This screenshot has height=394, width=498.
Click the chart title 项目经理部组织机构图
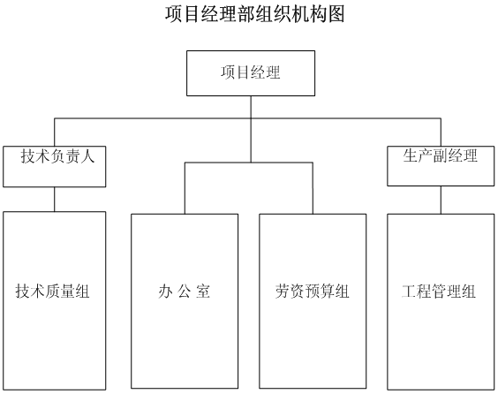click(254, 14)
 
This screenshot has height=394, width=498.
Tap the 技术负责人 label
click(57, 156)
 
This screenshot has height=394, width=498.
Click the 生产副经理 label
click(441, 155)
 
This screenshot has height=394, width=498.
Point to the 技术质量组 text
click(52, 291)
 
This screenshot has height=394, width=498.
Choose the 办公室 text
click(185, 291)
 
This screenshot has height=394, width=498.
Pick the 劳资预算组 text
click(313, 291)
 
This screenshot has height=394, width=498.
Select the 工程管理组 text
click(439, 291)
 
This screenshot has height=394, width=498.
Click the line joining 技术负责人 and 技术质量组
click(55, 200)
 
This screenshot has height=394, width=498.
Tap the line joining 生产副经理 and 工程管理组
click(441, 200)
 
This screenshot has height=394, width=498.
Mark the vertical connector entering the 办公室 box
click(185, 188)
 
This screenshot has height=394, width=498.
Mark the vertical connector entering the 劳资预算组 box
click(313, 188)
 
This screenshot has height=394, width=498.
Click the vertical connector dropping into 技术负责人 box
click(55, 133)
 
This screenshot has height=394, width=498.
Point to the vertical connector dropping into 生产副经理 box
click(441, 133)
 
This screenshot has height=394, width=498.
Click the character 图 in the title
click(336, 14)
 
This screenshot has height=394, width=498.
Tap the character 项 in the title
click(173, 14)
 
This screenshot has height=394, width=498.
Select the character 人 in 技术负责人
click(87, 156)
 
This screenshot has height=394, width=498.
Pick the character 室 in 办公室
click(203, 291)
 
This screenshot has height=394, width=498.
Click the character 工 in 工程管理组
click(409, 291)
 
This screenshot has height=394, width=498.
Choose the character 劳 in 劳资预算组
click(283, 291)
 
